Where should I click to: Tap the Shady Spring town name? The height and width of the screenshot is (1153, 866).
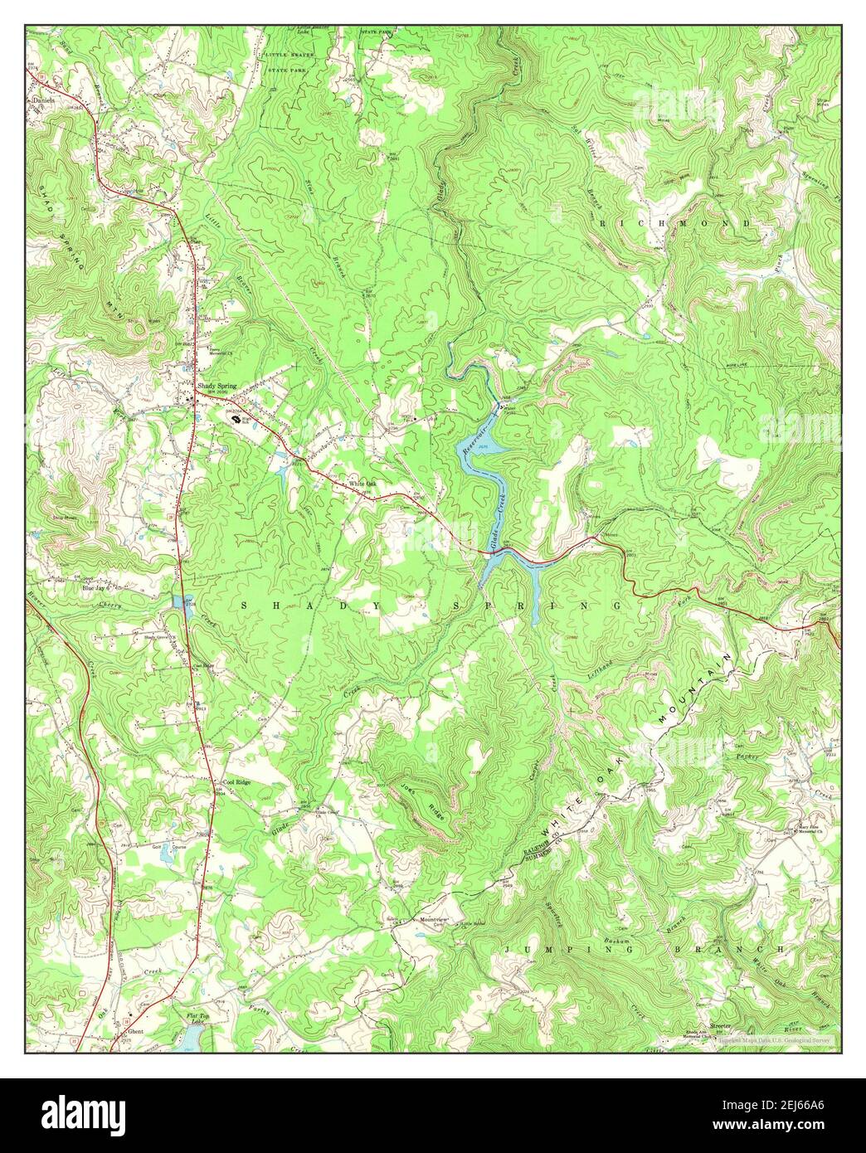[216, 386]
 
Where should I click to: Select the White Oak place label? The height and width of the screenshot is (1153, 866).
[362, 484]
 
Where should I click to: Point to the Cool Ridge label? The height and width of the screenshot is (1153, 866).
[236, 781]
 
